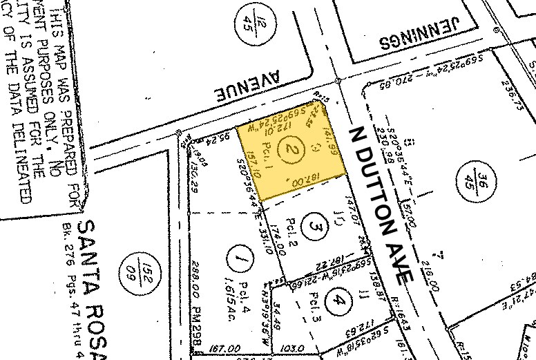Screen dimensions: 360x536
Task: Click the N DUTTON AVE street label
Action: [x=381, y=204]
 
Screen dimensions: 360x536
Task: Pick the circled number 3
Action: [x=316, y=227]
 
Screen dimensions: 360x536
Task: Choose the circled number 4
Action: [x=338, y=300]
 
